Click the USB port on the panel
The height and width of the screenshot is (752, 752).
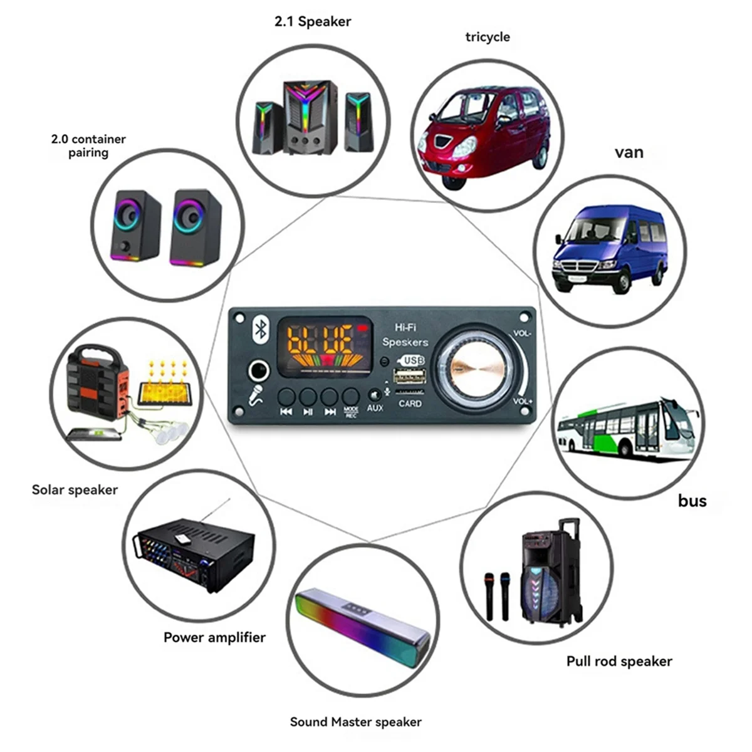[x=410, y=376]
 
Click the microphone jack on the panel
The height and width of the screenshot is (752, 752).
[x=258, y=372]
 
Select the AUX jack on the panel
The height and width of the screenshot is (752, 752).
[x=374, y=395]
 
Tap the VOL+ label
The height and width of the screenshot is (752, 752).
[x=523, y=401]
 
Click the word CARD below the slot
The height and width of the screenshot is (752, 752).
[x=410, y=404]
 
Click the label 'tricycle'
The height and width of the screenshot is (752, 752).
[x=488, y=37]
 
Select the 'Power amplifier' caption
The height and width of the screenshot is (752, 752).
[x=214, y=637]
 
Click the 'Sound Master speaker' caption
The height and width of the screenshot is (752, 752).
[x=355, y=722]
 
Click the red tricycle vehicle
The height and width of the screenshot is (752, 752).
[x=483, y=135]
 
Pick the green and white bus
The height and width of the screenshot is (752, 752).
[x=627, y=426]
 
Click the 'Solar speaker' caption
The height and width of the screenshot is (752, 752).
[x=75, y=490]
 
